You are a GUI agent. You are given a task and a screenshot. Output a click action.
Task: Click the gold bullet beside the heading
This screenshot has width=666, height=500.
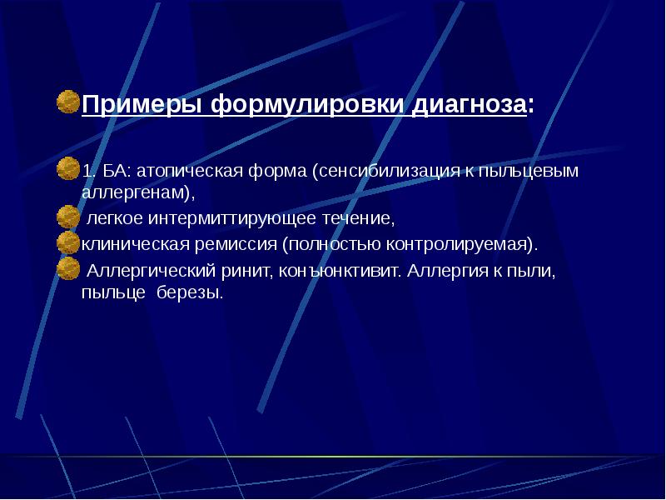69,102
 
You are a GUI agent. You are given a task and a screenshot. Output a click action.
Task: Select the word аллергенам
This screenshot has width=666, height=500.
137,192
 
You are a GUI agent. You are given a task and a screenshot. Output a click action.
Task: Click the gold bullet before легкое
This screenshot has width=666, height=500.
69,217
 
